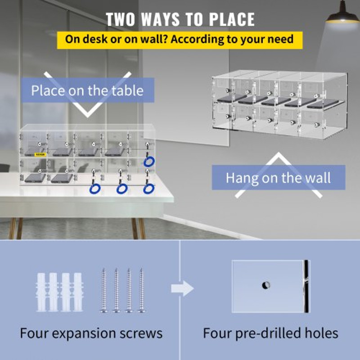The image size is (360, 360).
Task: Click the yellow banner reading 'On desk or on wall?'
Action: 180,39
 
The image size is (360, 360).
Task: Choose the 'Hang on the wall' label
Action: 278,177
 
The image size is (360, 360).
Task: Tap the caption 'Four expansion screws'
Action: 91,333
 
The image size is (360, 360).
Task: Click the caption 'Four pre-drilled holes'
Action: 270,333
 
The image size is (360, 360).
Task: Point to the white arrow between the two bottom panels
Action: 182,288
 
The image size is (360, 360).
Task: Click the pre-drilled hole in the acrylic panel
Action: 266,285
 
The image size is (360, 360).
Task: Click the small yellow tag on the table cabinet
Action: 40,154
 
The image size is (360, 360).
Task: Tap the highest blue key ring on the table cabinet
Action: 148,161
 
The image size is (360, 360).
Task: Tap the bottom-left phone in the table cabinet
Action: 34,178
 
